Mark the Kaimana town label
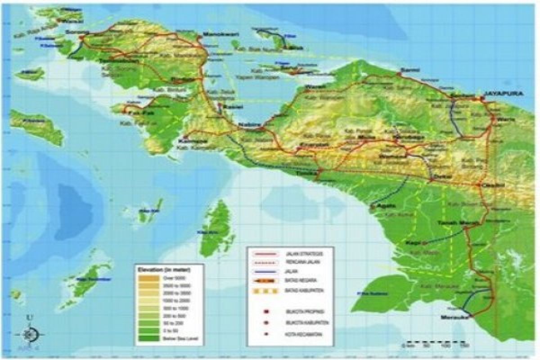click(x=189, y=141)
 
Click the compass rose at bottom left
click(x=30, y=334)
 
